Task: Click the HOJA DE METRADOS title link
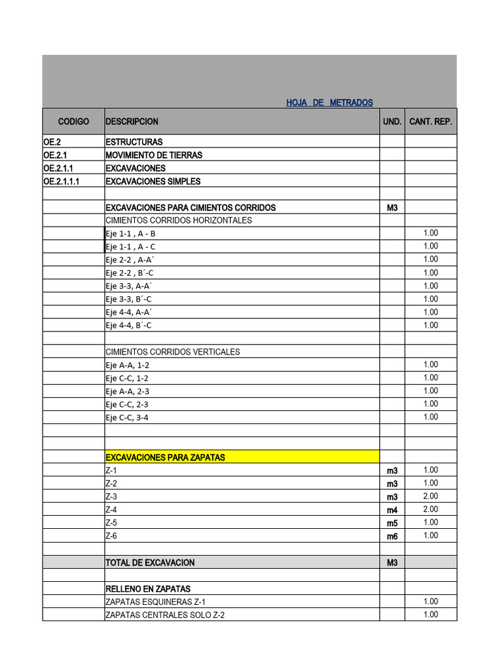(x=329, y=103)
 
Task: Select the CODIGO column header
(x=73, y=122)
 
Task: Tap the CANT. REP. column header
(x=430, y=122)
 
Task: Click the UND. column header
(x=392, y=122)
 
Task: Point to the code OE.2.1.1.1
(x=62, y=182)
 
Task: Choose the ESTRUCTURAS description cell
(x=134, y=142)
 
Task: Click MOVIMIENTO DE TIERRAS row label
(x=154, y=155)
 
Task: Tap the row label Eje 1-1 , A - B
(x=130, y=234)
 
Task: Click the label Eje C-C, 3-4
(x=127, y=417)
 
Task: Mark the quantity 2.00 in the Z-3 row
(x=430, y=496)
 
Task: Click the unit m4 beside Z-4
(x=392, y=510)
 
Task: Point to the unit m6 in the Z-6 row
(x=392, y=536)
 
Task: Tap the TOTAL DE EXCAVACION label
(x=150, y=563)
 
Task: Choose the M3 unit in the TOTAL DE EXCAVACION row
(x=392, y=563)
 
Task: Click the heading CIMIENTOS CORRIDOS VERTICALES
(x=173, y=352)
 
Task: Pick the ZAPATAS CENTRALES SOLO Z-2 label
(x=165, y=615)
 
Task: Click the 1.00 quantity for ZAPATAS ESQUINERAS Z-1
(x=430, y=602)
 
